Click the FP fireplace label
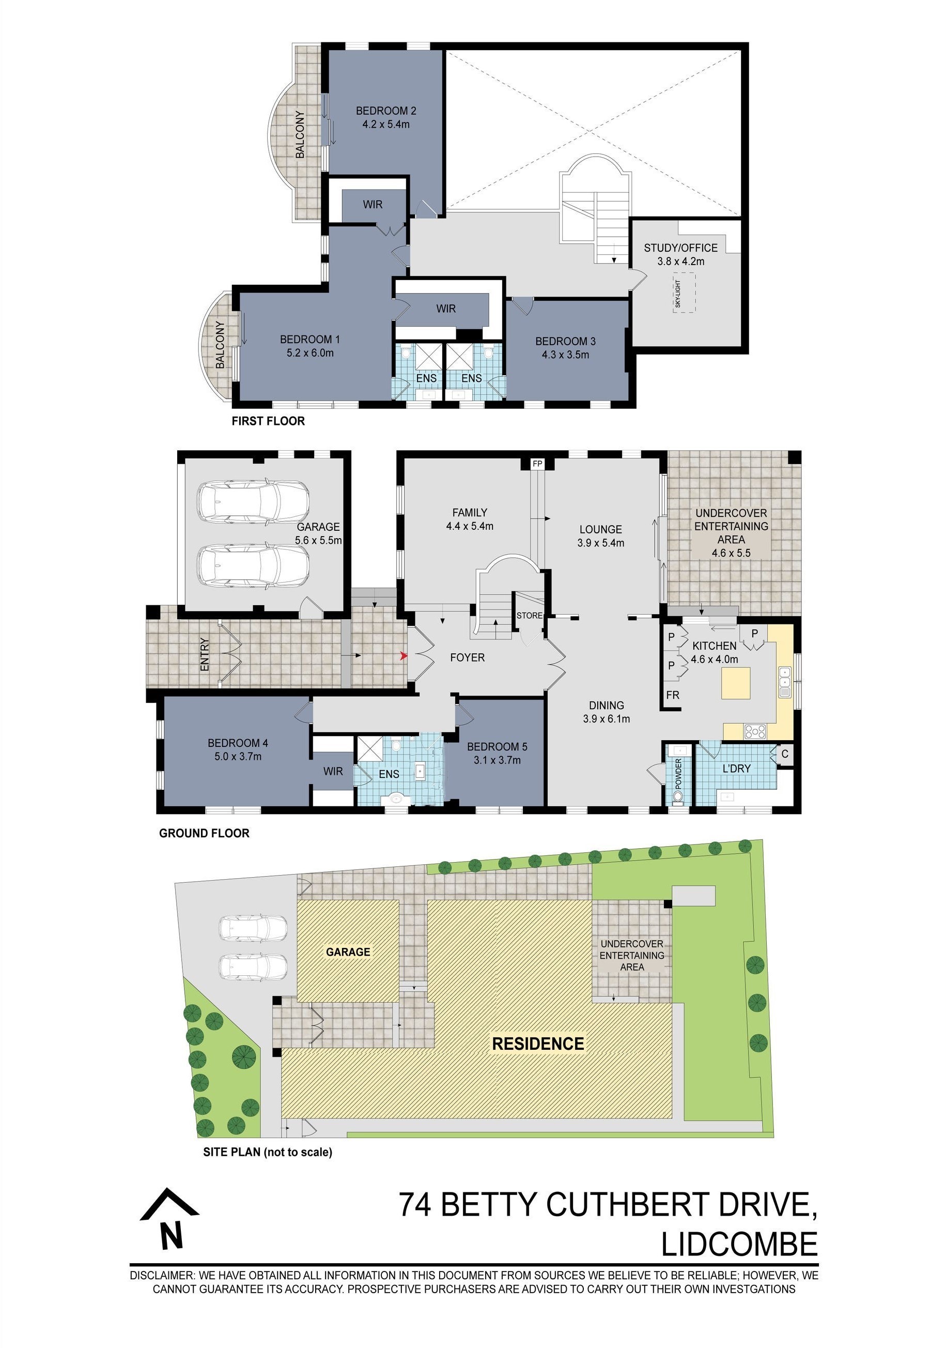pos(537,464)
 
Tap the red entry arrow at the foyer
pos(403,656)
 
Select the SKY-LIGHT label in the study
pos(678,293)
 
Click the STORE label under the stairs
pos(530,615)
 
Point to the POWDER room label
pos(678,774)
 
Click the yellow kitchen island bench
pos(736,684)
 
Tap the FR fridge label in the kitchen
pos(673,695)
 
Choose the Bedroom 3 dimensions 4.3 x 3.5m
pos(565,355)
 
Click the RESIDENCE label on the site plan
pos(538,1043)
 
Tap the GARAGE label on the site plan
pos(348,952)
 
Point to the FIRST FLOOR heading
pos(268,421)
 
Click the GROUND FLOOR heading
pos(204,833)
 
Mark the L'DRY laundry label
pos(736,769)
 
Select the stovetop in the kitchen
pos(755,731)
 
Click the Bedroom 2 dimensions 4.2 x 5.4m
pos(385,125)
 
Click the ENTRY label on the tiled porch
pos(205,655)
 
